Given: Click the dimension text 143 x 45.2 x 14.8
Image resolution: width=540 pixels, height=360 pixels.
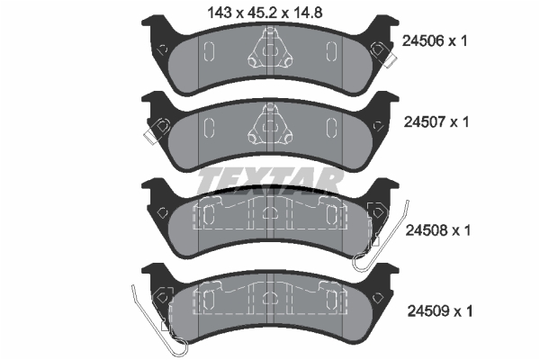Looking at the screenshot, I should pos(272,13).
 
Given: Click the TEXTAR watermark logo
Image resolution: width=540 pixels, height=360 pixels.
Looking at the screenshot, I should pos(270,180).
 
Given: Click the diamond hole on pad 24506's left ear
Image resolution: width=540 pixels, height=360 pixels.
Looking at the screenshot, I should pos(161,49).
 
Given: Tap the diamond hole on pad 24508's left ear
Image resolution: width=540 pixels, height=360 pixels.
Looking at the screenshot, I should pos(162,212).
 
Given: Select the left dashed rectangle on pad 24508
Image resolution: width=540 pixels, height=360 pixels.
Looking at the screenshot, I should pos(204,216).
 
